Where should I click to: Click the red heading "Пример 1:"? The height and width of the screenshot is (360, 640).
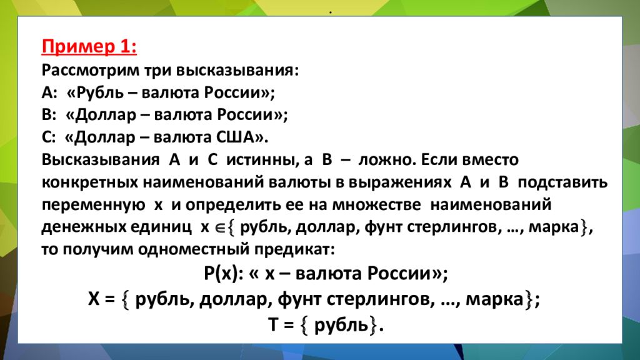coord(89,47)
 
